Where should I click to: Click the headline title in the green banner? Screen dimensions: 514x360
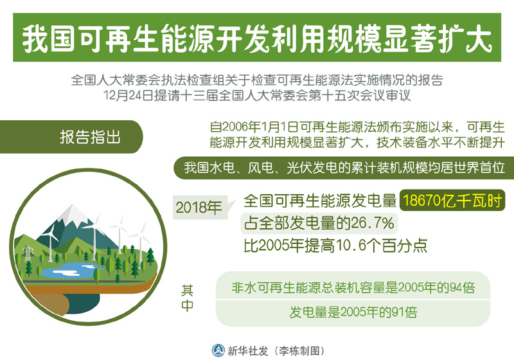(258, 39)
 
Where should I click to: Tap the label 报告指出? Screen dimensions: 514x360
(90, 137)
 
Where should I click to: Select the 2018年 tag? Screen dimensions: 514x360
(199, 207)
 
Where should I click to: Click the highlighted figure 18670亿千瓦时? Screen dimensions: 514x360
(452, 201)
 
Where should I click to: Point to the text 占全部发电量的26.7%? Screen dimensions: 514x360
(319, 223)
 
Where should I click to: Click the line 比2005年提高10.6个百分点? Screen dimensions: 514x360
(335, 245)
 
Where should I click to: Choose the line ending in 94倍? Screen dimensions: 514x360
(353, 287)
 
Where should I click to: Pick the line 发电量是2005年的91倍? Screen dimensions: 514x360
(353, 312)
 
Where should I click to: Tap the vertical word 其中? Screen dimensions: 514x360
(187, 298)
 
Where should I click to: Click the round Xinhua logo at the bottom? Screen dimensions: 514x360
(218, 350)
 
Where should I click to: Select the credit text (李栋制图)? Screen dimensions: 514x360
(299, 351)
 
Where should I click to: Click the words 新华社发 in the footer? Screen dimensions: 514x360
(248, 351)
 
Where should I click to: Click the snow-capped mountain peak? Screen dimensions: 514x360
(73, 214)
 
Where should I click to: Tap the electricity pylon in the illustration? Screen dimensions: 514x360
(28, 253)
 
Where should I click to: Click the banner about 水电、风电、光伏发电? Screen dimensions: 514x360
(344, 168)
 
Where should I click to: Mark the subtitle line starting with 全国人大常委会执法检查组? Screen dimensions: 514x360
(257, 80)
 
